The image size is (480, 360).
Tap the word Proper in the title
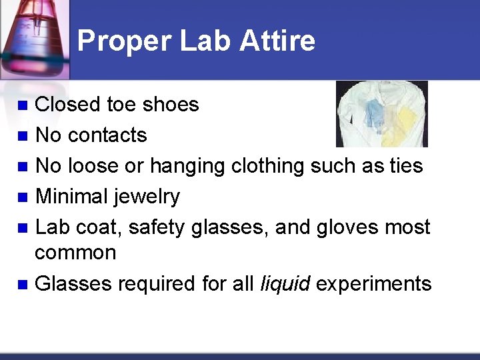[x=122, y=41]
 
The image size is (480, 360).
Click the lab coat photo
[x=381, y=114]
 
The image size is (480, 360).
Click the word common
[x=75, y=253]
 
